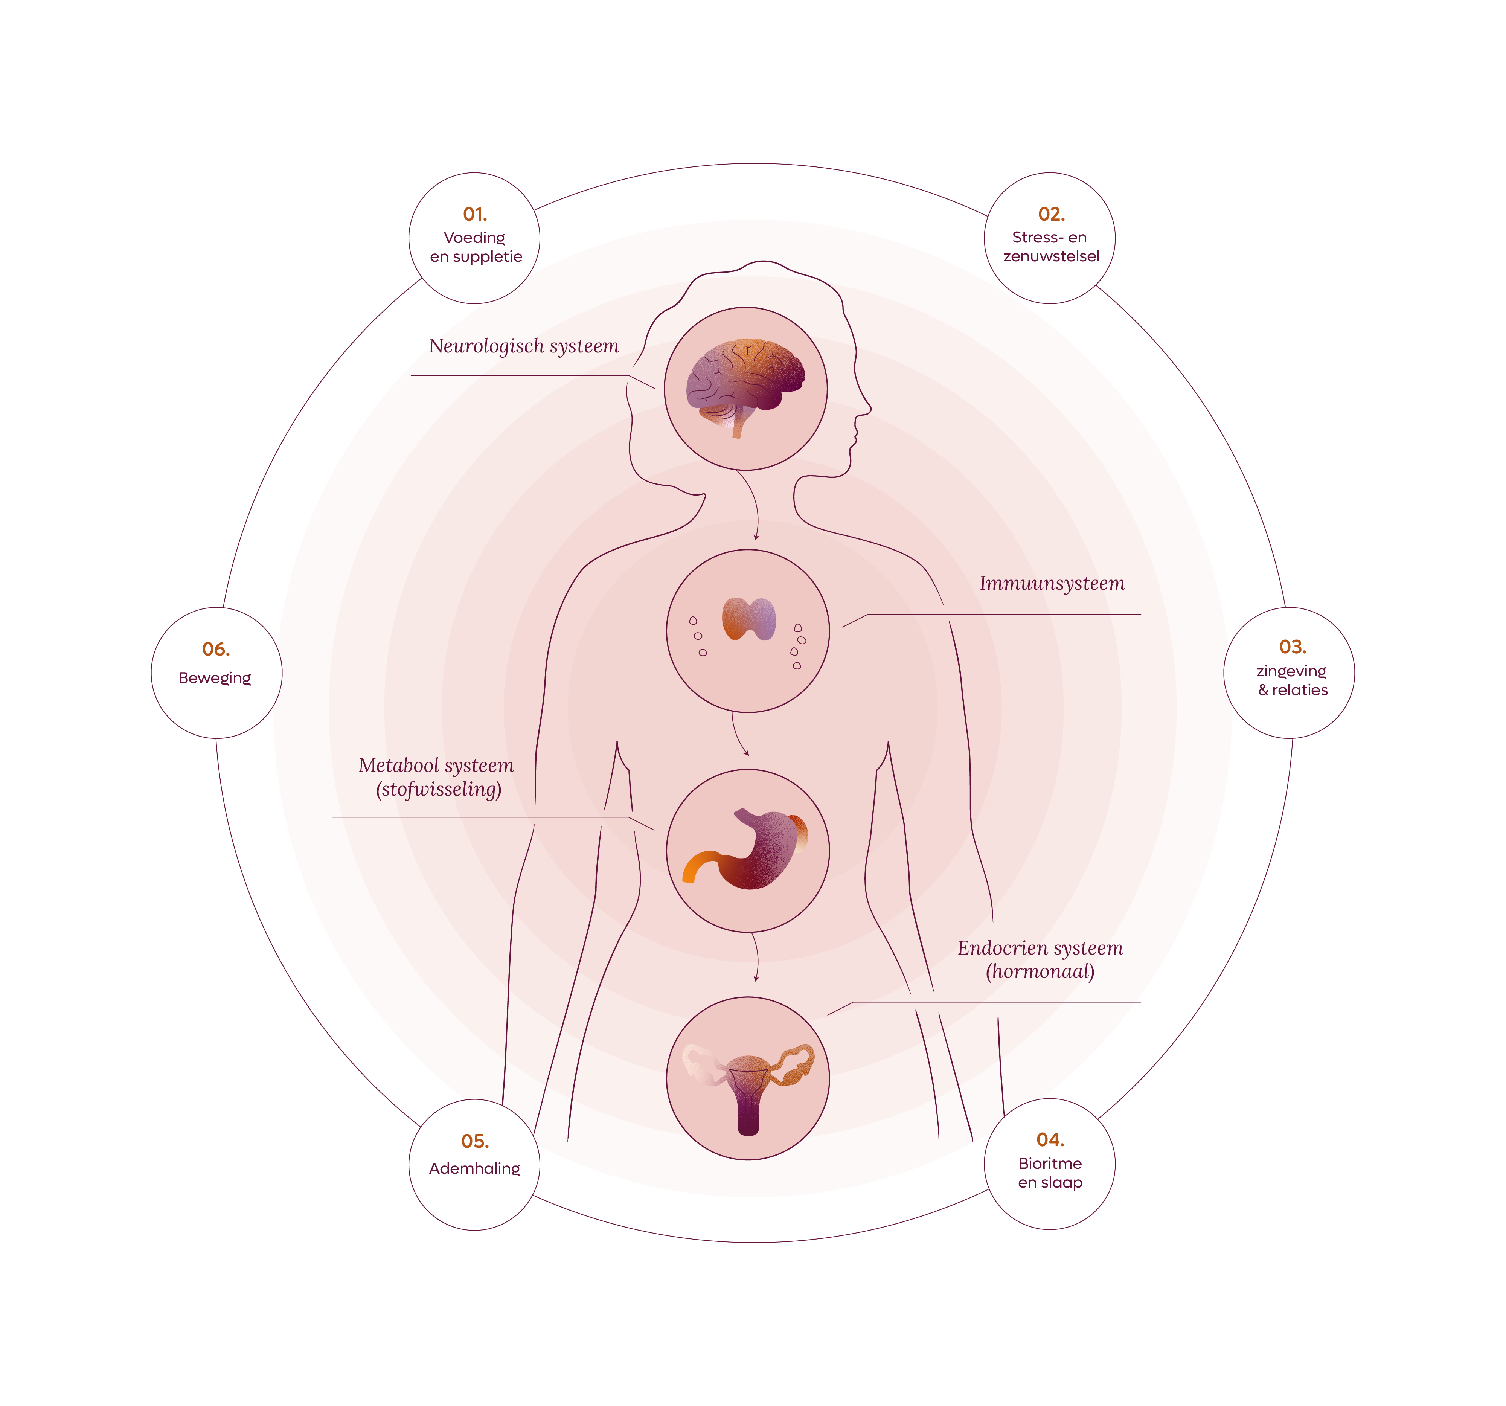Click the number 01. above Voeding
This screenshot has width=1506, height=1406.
475,214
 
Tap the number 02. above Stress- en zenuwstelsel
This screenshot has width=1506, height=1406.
1052,214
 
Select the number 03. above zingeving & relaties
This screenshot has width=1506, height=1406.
1293,647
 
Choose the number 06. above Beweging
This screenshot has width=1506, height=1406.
216,649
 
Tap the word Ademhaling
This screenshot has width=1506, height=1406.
475,1169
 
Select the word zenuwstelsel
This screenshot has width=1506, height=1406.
1052,256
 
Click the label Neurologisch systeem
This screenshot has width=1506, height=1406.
524,346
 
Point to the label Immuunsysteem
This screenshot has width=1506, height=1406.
1052,583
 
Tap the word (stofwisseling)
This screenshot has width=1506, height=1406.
439,789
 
